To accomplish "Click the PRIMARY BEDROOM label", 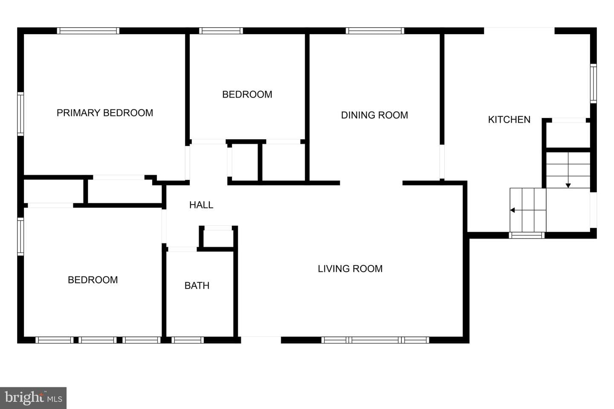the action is [x=105, y=113].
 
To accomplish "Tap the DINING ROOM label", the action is [x=374, y=115].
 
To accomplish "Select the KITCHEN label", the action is [x=509, y=120].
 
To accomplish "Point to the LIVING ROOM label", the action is [x=350, y=269].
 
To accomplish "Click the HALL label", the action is [x=201, y=205].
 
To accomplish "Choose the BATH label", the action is [x=197, y=286].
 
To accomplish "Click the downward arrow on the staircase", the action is [x=568, y=170].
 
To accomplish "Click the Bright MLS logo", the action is [x=33, y=398].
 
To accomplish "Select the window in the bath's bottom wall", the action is [x=188, y=340].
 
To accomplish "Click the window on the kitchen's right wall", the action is [x=593, y=84].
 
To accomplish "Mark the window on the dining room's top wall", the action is [x=375, y=31].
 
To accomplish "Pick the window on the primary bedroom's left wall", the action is [x=20, y=114].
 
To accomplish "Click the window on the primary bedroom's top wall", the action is [x=88, y=31].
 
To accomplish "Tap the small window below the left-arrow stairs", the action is [x=527, y=235].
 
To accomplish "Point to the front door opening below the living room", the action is [x=261, y=340].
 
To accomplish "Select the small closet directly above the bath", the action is [x=218, y=238].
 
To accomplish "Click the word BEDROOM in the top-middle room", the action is [x=247, y=95].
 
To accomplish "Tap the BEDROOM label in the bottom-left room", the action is [x=93, y=280].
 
